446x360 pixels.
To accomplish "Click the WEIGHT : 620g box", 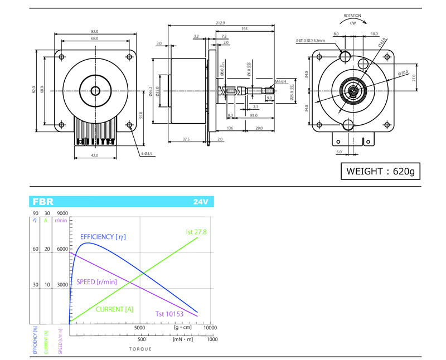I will [381, 171].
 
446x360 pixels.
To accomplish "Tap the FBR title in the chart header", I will [43, 202].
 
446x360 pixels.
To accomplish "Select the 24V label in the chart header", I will [201, 202].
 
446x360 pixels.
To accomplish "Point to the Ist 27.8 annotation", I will [196, 231].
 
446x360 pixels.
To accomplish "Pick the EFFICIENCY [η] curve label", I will [103, 237].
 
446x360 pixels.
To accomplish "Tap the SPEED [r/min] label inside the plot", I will [96, 281].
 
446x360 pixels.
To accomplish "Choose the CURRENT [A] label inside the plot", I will [115, 309].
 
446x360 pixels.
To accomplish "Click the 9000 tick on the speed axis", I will [62, 213].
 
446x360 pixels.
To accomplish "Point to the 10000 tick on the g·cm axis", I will [210, 328].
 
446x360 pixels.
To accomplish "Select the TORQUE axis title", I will [140, 348].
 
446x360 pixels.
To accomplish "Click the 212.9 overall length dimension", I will [219, 23].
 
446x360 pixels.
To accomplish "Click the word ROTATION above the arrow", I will [353, 16].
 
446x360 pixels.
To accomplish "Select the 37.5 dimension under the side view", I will [186, 139].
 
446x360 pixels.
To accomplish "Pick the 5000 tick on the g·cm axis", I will [139, 328].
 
